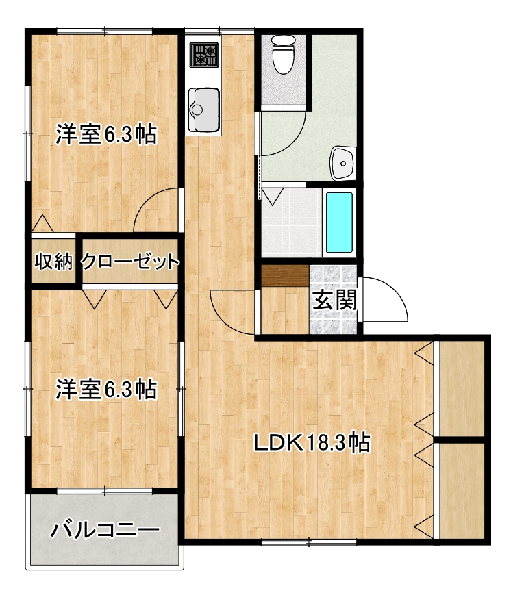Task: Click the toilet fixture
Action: coord(282,55)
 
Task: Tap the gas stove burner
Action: coord(203,53)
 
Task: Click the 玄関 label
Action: coord(335,301)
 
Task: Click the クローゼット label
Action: coord(130,261)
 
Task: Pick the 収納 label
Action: coord(54,261)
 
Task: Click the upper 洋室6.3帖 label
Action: coord(106,134)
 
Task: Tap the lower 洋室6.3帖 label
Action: coord(106,390)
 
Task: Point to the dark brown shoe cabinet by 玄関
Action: coord(285,275)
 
